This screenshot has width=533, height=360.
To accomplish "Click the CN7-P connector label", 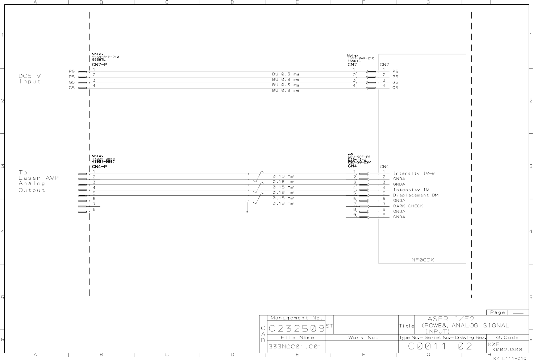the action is pos(99,65).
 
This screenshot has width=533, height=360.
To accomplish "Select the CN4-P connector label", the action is pos(99,166).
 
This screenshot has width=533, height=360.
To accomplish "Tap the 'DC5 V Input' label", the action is pos(30,79).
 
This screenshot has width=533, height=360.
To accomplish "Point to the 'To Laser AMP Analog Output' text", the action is pos(38,181).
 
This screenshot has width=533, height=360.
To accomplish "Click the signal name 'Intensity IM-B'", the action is pos(414,173).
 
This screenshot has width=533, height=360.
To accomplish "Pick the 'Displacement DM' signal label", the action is pos(416,195).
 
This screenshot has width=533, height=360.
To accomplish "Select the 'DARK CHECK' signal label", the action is pos(408,206).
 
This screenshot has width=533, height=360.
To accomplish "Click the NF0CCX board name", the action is pos(422,260).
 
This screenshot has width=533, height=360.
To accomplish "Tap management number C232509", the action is pos(296,328).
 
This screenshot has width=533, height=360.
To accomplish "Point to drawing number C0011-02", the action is pos(440,346).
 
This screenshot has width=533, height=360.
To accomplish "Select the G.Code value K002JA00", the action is pos(507,350).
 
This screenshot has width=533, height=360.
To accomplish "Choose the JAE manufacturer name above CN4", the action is pos(351,154).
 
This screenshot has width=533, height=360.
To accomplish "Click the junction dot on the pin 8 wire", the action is pos(247,212).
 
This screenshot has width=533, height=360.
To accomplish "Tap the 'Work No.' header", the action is pos(363,338).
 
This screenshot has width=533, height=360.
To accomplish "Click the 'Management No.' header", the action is pos(296,318).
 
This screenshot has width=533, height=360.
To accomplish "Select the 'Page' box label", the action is pos(497,312).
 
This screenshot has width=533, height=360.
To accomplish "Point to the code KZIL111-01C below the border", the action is pos(509,358).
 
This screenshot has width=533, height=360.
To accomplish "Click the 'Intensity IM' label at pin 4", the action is pos(411,190).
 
